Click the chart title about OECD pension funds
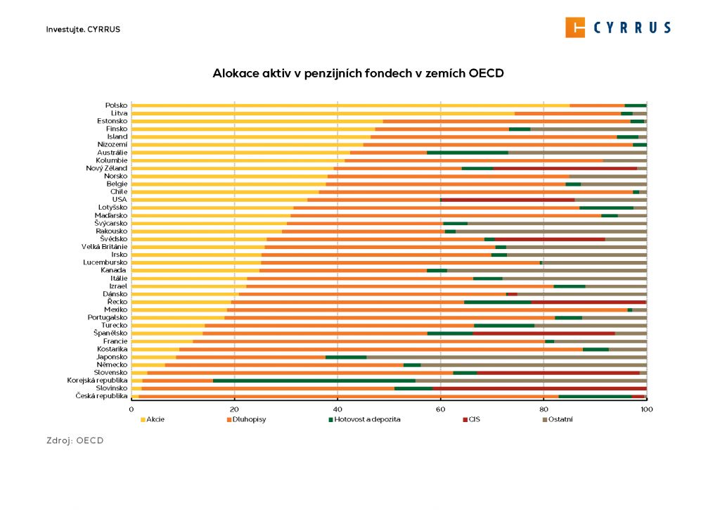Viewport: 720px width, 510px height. coord(359,73)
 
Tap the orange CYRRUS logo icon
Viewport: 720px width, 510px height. coord(575,27)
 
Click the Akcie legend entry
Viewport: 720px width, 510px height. coord(153,419)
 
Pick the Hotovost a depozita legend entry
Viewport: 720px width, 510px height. coord(364,419)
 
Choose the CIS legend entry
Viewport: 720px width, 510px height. coord(475,419)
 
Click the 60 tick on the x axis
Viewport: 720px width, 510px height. coord(441,409)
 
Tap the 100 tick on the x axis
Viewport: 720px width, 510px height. coord(646,409)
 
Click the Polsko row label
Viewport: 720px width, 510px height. coord(116,105)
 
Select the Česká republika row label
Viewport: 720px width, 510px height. coord(101,396)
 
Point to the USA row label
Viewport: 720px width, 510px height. coord(120,199)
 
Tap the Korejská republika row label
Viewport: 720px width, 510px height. coord(97,380)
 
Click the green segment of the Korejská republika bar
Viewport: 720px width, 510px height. coord(314,380)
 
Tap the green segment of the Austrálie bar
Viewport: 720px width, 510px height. coord(467,152)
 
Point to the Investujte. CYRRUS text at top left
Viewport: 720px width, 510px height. coord(78,30)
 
